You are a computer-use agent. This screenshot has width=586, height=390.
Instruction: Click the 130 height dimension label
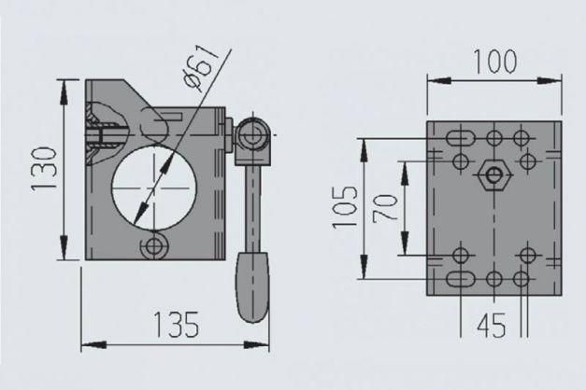(44, 170)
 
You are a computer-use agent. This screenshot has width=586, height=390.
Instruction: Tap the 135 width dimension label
(176, 325)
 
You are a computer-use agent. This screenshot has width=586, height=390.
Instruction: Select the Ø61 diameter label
(202, 68)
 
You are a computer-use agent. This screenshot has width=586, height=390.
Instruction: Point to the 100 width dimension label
(494, 62)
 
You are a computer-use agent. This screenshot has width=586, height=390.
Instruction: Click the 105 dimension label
(345, 206)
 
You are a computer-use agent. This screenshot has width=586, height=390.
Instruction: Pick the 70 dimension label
(384, 208)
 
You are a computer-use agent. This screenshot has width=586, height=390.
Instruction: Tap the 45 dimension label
(492, 325)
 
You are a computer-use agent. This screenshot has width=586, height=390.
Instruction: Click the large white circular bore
(153, 188)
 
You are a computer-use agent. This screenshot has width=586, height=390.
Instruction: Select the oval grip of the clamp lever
(252, 287)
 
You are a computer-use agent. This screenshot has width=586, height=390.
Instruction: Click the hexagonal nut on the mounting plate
(494, 174)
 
